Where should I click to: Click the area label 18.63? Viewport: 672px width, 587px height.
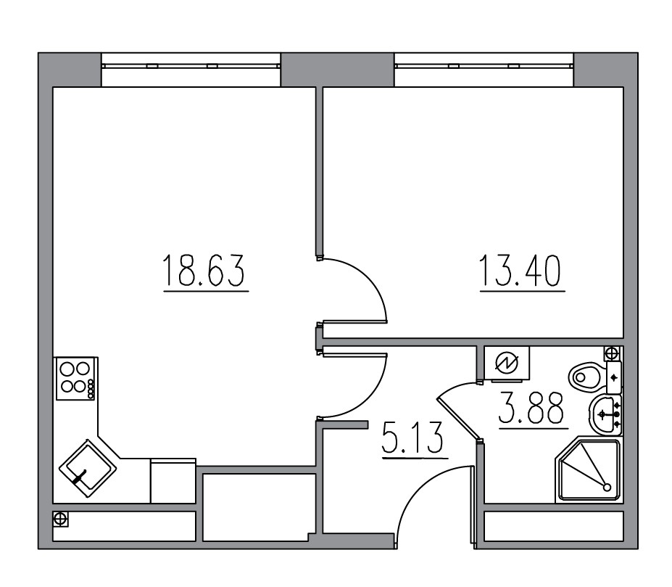coord(206,271)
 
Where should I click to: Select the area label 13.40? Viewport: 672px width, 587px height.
coord(520,271)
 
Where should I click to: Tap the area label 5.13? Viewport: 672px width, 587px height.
coord(412,440)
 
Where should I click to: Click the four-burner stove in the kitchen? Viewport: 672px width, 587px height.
coord(75,378)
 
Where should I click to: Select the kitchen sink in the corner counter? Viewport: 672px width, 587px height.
coord(86,469)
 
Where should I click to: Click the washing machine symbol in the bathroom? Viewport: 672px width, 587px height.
coord(505,362)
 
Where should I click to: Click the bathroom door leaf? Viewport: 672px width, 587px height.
coord(459,418)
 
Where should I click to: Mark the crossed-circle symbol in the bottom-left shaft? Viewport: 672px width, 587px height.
coord(60,520)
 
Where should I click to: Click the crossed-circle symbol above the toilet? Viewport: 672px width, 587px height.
coord(613,353)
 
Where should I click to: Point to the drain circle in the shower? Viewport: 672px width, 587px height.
coord(607,487)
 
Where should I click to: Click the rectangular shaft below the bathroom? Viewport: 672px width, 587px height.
coord(554,526)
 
